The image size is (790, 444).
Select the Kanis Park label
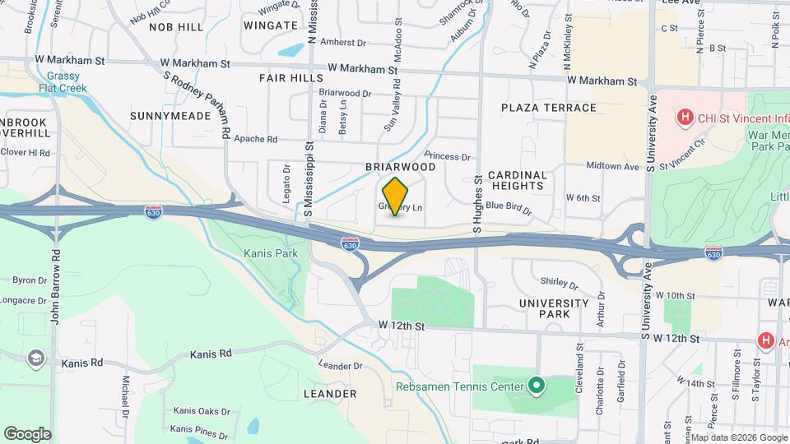pos(271,253)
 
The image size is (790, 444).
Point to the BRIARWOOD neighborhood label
pos(400,166)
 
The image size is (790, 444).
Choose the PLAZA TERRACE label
pos(549,108)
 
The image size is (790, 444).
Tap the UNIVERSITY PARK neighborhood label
pos(554,308)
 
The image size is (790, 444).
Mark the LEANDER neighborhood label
pos(330,394)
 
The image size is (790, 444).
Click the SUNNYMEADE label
pos(170,116)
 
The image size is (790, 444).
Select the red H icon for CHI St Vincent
pos(683,118)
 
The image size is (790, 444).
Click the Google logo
pos(27,433)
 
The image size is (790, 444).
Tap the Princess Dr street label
pos(448,156)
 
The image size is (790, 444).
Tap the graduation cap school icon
pos(36,358)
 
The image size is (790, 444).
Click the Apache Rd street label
pos(256,139)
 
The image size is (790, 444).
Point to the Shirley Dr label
pos(560,283)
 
